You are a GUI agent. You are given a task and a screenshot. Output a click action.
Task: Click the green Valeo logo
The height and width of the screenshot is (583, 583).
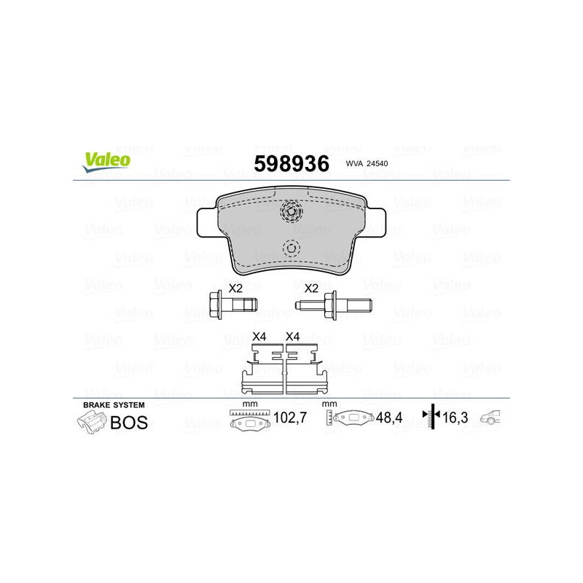click(x=106, y=162)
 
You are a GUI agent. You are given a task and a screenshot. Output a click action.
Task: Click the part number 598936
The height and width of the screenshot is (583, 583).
click(x=291, y=163)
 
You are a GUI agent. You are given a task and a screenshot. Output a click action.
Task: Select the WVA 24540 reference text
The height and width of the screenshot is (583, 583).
click(x=367, y=163)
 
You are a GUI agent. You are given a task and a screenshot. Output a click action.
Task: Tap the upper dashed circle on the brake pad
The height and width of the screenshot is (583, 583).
click(x=291, y=211)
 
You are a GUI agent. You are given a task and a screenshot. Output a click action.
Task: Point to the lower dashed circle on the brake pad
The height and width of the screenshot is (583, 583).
click(x=291, y=248)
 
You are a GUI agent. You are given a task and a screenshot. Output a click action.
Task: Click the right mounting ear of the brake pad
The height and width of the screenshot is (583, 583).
click(x=376, y=222)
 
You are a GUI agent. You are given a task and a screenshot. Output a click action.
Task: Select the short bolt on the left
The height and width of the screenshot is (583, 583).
click(x=233, y=305)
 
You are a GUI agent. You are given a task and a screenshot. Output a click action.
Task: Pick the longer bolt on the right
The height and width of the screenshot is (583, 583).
click(x=334, y=305)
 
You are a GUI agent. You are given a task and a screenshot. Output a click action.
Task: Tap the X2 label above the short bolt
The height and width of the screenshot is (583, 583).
click(x=235, y=288)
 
